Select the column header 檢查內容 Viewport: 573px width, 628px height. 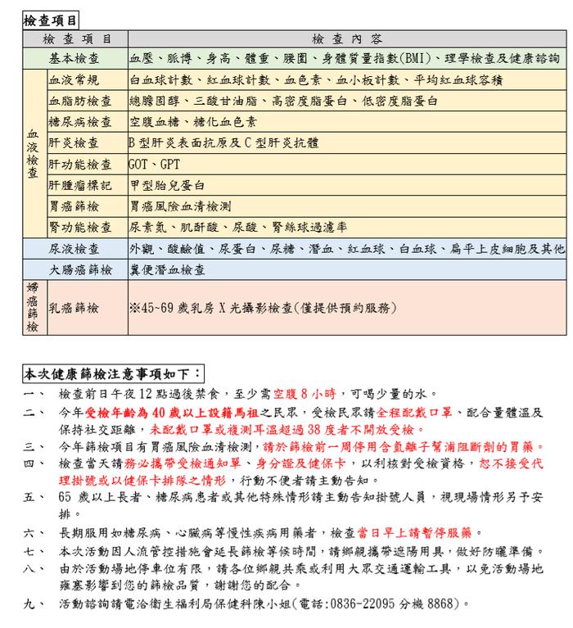346,39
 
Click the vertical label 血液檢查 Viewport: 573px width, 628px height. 33,153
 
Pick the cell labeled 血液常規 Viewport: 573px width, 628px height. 74,80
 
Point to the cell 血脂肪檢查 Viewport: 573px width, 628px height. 80,101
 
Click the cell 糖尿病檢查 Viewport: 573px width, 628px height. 80,122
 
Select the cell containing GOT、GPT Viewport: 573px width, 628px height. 148,164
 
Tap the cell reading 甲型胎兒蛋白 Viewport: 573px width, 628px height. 167,185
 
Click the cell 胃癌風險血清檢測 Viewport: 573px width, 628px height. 180,206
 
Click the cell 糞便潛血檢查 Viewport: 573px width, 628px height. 167,269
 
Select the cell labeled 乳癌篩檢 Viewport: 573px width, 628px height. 74,308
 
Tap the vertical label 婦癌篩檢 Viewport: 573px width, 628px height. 33,308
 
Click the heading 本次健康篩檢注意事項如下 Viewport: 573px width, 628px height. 112,374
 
